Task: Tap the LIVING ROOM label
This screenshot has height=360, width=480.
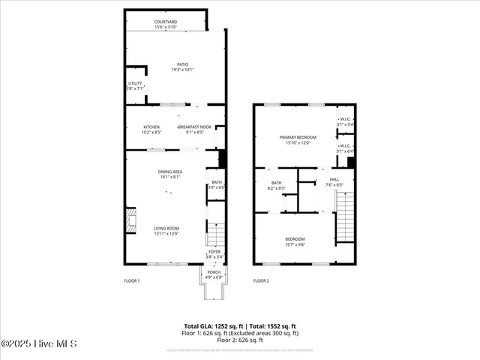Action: coord(166,230)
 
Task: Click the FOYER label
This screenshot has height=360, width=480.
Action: coord(214,253)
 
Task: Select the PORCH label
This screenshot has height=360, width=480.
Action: coord(214,274)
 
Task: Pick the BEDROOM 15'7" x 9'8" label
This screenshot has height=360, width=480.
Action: coord(294,241)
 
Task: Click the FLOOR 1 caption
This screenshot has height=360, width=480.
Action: coord(132,280)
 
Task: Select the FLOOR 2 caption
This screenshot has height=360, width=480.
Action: coord(260,280)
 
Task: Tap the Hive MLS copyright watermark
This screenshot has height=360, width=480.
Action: coord(39,343)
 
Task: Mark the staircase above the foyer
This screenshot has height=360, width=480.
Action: coord(214,234)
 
